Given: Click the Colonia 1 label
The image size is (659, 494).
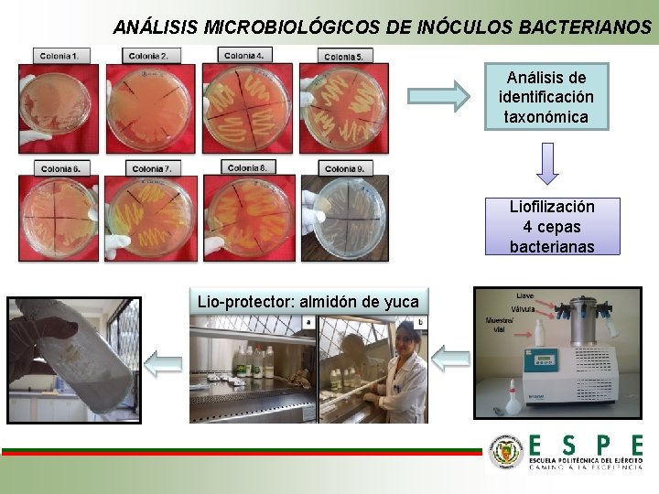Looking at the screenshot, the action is click(58, 56).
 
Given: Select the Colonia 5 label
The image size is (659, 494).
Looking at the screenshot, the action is click(345, 57).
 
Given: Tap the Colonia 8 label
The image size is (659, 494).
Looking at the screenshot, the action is click(247, 167).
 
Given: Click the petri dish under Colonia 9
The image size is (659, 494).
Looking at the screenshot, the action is click(345, 217).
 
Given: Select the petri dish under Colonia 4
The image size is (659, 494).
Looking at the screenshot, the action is click(247, 108).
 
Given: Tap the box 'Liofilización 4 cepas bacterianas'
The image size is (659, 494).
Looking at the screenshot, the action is click(551, 226).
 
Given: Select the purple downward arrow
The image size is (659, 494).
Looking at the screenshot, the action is click(546, 165).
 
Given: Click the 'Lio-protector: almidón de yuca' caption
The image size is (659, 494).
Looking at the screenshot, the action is click(308, 302).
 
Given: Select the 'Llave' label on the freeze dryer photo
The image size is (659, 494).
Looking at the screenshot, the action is click(525, 296).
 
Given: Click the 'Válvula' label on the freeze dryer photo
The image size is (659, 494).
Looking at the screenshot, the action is click(523, 308).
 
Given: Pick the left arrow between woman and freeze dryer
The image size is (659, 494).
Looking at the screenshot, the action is click(450, 360).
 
